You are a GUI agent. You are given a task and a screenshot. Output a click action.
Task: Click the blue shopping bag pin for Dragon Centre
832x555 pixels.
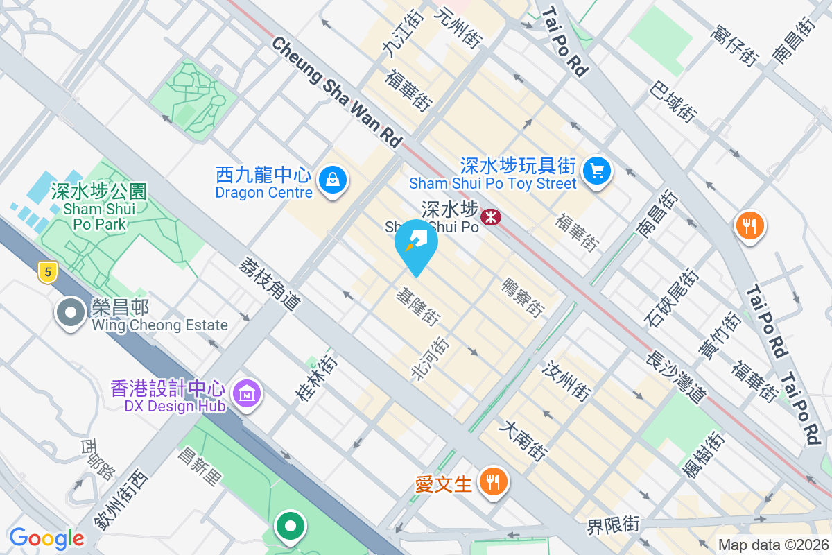(333, 180)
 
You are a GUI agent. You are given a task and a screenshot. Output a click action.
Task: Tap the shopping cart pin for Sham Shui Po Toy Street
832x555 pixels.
(596, 170)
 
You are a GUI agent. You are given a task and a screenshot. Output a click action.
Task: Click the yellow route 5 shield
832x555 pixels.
(47, 272)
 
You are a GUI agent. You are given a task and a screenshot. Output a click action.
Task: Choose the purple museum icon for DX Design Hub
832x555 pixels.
(248, 394)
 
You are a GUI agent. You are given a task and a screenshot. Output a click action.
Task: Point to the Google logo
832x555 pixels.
(46, 538)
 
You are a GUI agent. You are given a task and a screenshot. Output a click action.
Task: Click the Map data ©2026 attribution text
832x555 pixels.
(772, 545)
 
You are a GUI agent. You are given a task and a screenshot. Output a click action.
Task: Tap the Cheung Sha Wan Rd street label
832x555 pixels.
(336, 91)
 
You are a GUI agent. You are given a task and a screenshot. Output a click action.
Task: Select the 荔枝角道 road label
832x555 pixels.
(270, 284)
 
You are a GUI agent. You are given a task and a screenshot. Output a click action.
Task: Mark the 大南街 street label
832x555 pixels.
(523, 440)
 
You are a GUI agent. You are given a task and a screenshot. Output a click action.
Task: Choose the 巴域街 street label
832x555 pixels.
(673, 101)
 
